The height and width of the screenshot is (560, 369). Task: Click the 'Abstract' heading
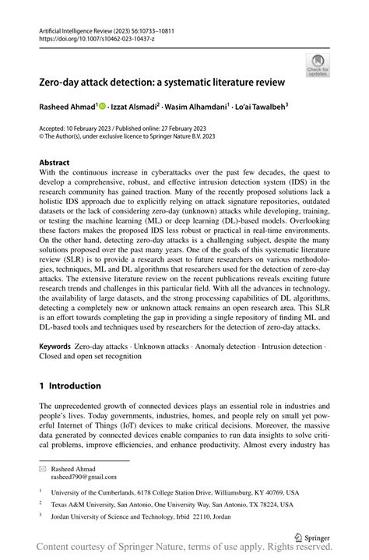pos(54,162)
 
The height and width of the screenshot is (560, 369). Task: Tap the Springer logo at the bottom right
pos(311,536)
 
